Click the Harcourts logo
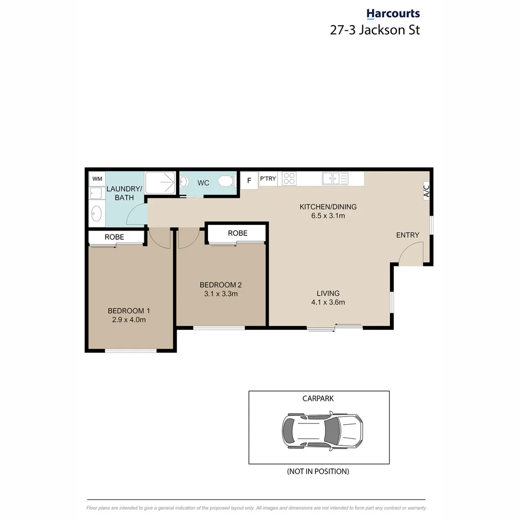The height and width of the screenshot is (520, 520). pos(393,14)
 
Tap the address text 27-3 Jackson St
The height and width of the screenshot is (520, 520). pos(375,30)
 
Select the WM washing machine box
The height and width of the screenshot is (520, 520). pos(97,179)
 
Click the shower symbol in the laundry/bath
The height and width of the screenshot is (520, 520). pos(160,183)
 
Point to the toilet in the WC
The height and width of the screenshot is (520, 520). pos(226,182)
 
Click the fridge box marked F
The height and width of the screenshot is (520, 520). pos(249,181)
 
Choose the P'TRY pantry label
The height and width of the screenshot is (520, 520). pos(268,179)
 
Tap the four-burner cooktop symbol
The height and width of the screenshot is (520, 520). pos(289,179)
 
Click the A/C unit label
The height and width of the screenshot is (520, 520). pos(427,191)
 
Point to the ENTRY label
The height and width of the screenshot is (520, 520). pos(407,235)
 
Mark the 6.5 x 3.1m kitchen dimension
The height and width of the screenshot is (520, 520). pos(328,216)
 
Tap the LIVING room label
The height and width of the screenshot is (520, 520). pos(328,293)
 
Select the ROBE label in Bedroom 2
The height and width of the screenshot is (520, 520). pos(237,233)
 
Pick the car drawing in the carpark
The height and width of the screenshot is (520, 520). pos(322,430)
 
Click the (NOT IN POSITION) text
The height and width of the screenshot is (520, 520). pos(318,471)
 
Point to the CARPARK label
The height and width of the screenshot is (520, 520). pos(318,398)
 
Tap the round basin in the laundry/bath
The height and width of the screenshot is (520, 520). pos(97,214)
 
